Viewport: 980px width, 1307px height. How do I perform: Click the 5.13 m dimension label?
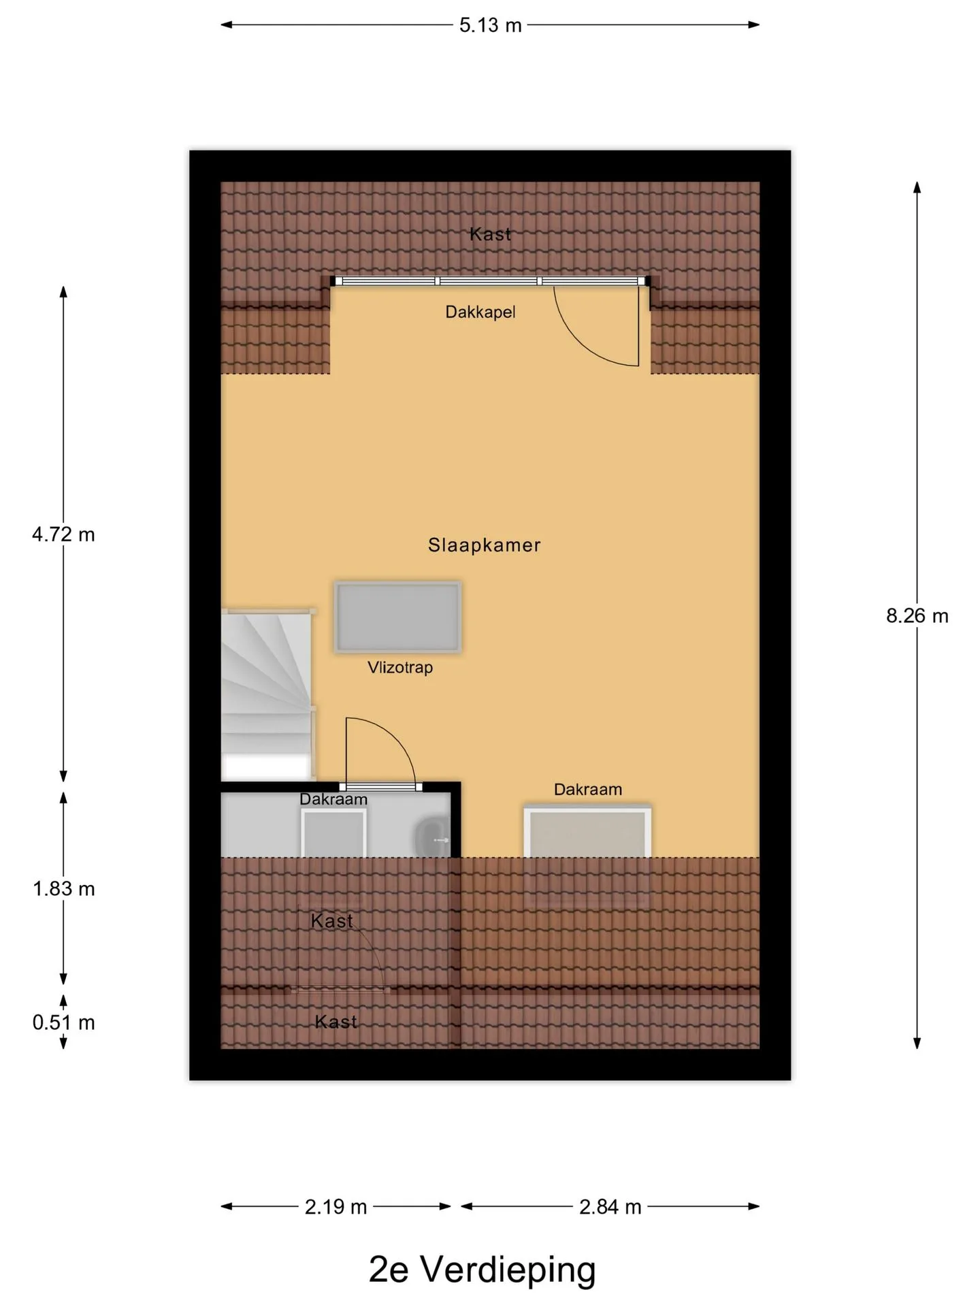point(490,25)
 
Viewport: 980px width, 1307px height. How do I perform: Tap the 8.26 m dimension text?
point(917,616)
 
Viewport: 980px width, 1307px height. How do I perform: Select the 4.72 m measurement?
point(63,534)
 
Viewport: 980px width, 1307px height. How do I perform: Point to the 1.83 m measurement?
point(63,888)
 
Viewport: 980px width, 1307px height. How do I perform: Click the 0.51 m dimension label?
point(63,1022)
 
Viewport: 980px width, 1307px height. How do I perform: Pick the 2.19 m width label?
point(336,1207)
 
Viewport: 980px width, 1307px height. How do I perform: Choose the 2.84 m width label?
point(610,1207)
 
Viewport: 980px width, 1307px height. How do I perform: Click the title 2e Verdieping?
point(482,1270)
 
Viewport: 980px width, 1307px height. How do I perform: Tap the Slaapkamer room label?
point(484,545)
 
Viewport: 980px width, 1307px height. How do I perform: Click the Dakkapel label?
point(480,312)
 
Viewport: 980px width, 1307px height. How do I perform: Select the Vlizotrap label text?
point(400,667)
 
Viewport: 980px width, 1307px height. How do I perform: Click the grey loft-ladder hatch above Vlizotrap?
point(397,617)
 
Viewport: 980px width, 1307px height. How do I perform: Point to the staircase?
point(267,694)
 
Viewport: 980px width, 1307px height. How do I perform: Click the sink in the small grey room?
point(433,838)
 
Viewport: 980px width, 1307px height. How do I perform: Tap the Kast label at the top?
point(490,234)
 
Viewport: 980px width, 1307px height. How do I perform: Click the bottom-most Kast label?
point(336,1022)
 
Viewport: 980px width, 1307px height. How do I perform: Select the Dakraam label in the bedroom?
point(588,790)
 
